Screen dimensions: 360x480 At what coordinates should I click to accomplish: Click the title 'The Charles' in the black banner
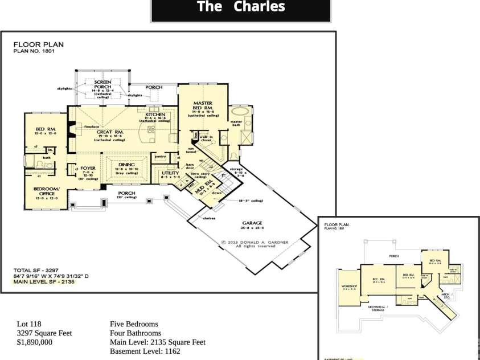[240, 7]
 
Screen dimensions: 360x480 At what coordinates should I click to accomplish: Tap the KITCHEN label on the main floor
[155, 114]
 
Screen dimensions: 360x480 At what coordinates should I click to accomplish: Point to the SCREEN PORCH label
[102, 84]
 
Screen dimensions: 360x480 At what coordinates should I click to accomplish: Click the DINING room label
[126, 165]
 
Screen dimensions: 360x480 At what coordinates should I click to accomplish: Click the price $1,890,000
[35, 342]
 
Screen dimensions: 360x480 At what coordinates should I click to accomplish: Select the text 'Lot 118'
[29, 324]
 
